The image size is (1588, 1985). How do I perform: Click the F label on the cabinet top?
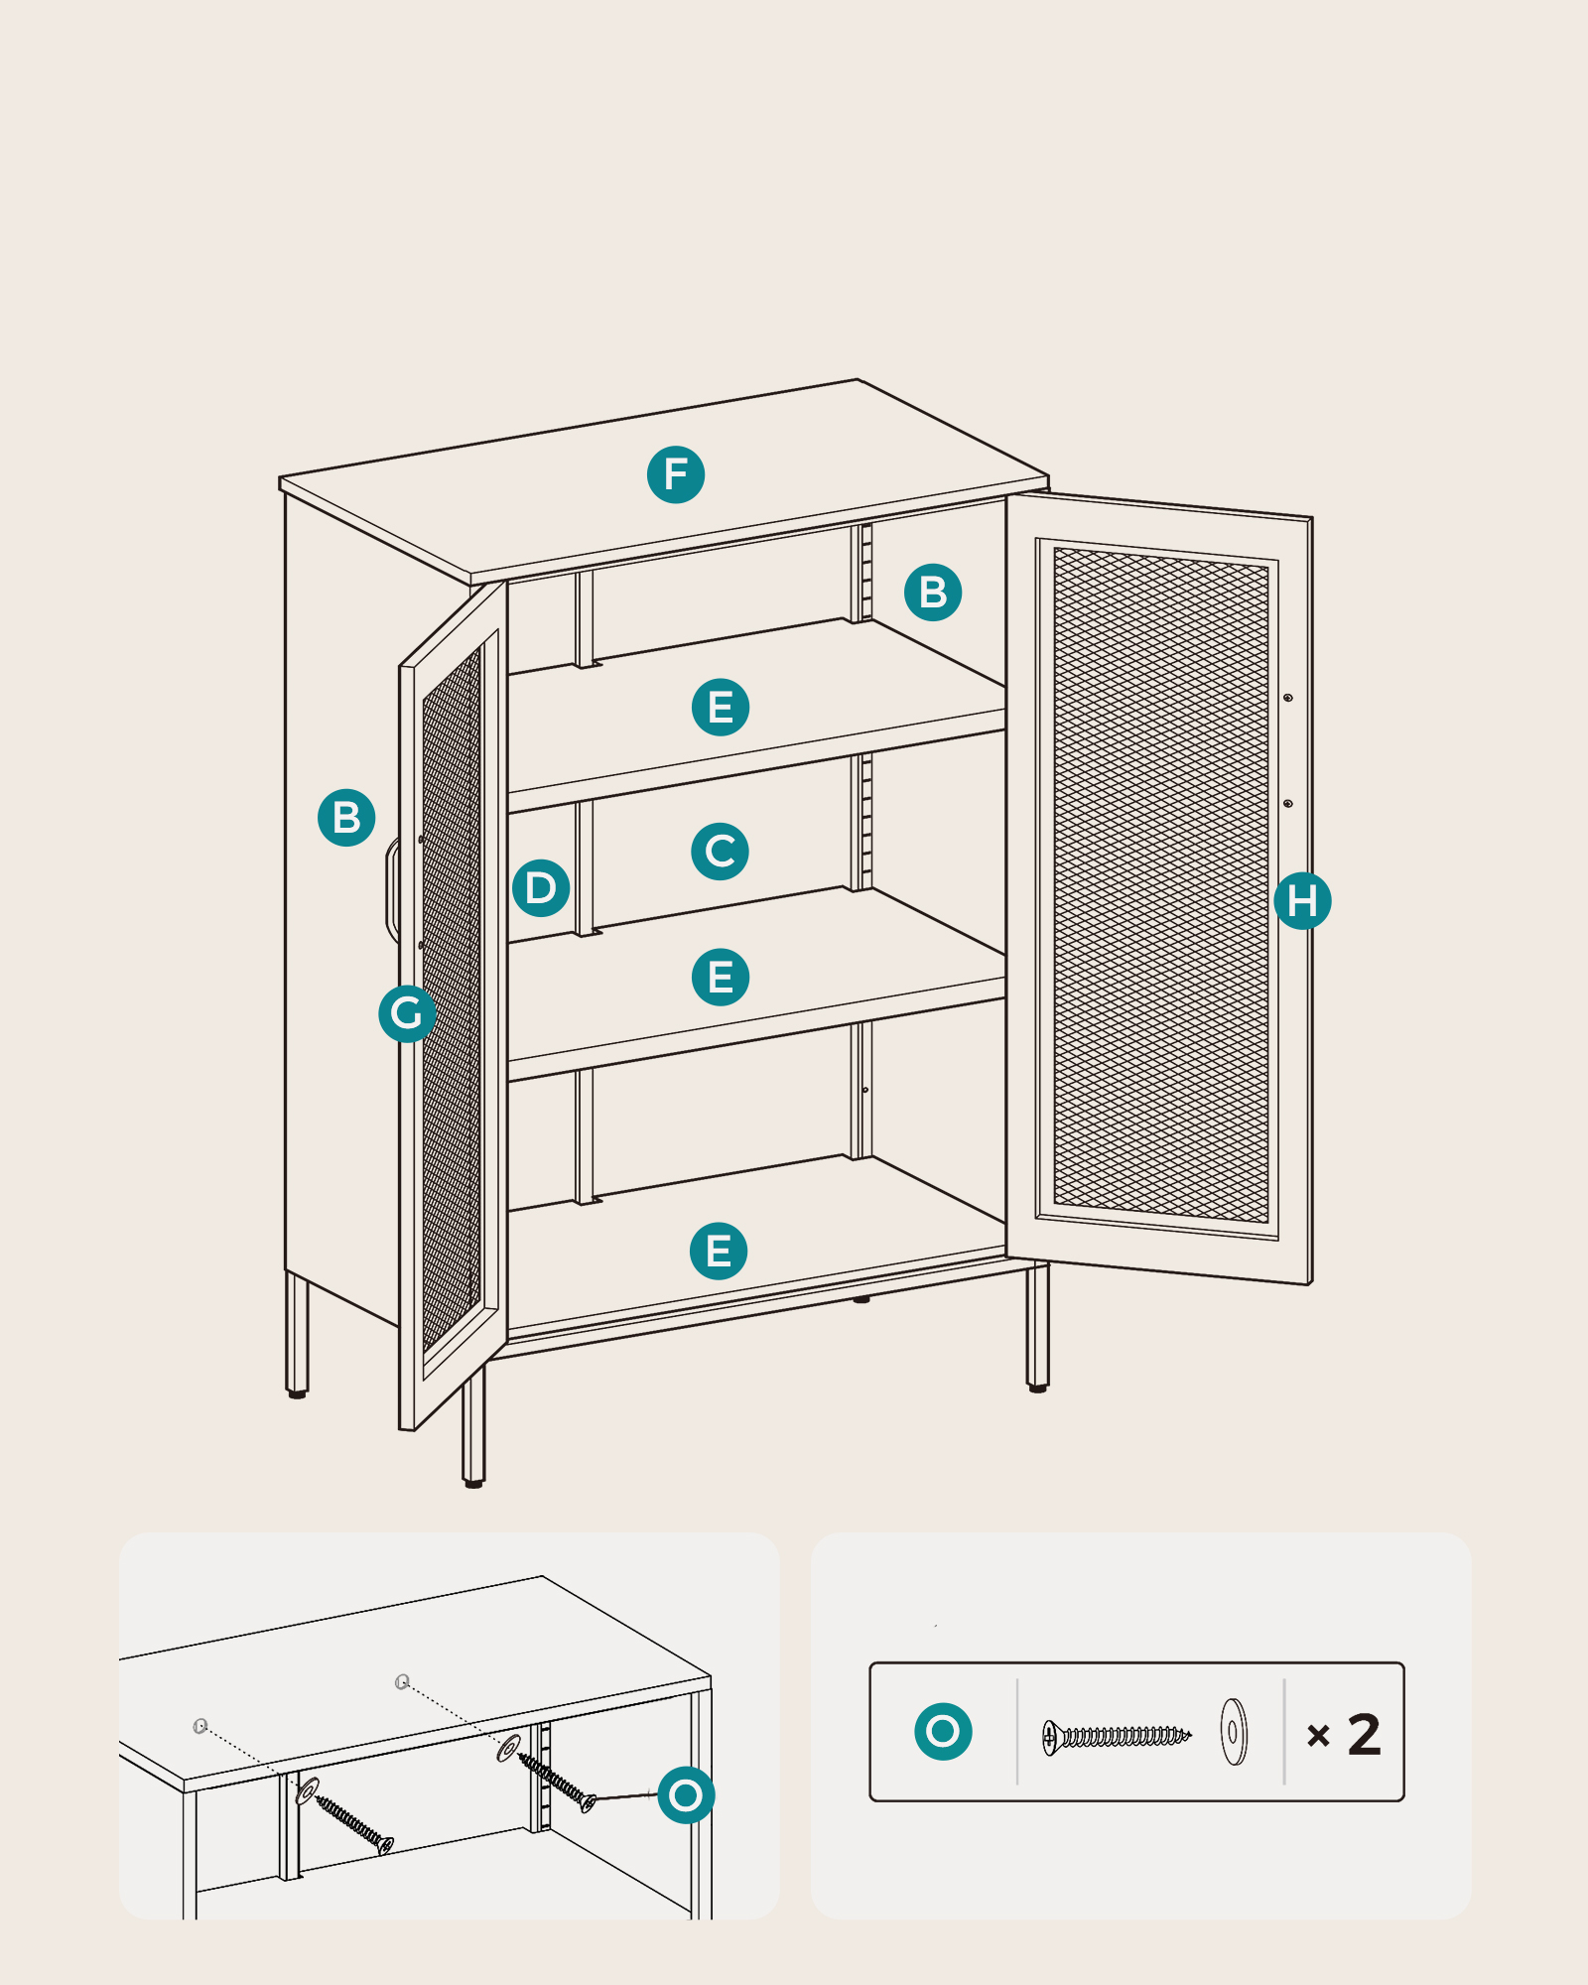coord(676,474)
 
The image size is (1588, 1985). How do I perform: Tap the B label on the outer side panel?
coord(346,818)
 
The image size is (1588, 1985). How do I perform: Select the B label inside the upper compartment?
coord(933,593)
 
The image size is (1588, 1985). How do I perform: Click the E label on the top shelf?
coord(721,708)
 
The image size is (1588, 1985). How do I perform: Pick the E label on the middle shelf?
coord(721,978)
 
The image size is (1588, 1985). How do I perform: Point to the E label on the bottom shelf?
coord(719,1251)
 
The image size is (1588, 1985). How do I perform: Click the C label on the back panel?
coord(720,852)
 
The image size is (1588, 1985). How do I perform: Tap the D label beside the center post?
coord(541,887)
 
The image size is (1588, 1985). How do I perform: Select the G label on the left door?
coord(407,1013)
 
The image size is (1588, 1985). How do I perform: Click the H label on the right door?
coord(1302,901)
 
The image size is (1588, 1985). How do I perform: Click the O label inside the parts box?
coord(943,1732)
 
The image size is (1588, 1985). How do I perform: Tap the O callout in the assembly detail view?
coord(686,1794)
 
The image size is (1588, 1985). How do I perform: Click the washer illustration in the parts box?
coord(1234,1732)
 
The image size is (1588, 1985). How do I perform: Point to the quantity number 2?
coord(1365,1735)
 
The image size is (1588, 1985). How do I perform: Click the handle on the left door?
coord(391,890)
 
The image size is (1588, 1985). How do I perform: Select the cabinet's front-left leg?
coord(474,1426)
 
